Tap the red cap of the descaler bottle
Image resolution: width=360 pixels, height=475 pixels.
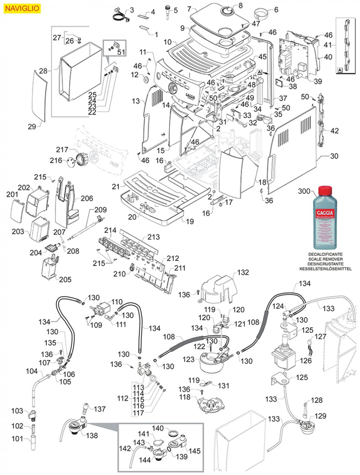325,191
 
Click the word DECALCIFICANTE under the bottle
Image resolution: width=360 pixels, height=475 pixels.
325,254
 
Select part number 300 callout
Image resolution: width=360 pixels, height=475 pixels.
304,191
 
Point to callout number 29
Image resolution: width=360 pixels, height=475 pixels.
32,127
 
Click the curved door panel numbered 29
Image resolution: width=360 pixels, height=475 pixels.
40,95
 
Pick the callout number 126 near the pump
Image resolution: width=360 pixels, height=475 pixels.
306,360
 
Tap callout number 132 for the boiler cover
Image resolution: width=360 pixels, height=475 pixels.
243,272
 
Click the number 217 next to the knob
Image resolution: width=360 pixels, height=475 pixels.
62,149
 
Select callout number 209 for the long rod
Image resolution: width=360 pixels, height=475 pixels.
101,210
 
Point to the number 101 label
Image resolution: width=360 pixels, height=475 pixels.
17,439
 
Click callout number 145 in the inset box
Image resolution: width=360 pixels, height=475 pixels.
195,451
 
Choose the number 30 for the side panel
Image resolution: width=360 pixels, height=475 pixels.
334,156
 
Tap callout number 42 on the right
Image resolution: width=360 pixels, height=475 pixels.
334,131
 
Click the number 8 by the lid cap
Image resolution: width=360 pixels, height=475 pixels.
240,5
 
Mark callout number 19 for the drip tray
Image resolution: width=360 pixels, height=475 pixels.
190,221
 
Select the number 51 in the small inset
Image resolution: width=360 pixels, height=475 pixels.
121,52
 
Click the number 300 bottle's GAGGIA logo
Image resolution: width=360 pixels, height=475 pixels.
325,213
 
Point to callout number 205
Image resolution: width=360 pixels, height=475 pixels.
65,279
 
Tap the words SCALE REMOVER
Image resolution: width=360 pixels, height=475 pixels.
325,259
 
